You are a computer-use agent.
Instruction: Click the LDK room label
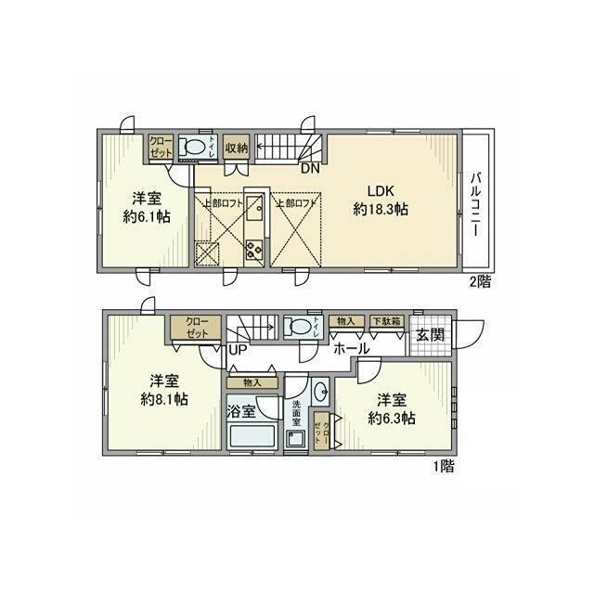(x=380, y=192)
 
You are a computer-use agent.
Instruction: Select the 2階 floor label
(x=479, y=281)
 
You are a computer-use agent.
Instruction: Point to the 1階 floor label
(x=443, y=467)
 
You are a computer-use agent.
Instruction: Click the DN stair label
(x=308, y=169)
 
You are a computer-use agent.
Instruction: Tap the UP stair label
(x=237, y=350)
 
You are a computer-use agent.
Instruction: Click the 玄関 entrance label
(x=429, y=336)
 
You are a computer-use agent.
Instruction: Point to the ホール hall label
(x=352, y=349)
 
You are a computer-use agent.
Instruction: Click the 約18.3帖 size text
(x=381, y=211)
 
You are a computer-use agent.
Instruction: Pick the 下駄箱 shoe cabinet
(x=385, y=321)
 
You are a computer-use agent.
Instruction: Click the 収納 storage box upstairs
(x=236, y=148)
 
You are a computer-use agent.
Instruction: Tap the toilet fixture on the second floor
(x=193, y=147)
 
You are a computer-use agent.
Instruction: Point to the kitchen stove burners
(x=254, y=250)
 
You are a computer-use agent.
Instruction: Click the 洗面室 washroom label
(x=296, y=412)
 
